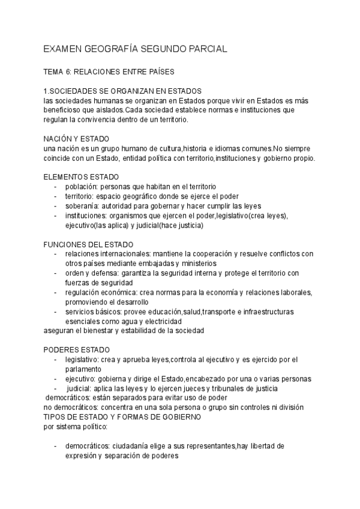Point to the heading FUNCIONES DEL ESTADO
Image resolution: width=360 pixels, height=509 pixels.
click(x=89, y=244)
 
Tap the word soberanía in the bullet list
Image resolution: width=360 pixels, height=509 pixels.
click(x=83, y=206)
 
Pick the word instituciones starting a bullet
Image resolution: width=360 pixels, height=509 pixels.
click(x=86, y=215)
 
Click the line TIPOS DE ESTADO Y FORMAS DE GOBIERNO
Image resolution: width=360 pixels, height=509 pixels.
click(x=125, y=417)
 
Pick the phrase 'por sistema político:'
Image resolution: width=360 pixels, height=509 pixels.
click(x=76, y=426)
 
